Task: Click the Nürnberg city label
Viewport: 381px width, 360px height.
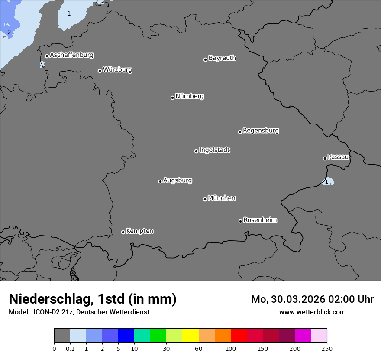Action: (x=189, y=96)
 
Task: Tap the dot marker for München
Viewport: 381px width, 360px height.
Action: (x=205, y=199)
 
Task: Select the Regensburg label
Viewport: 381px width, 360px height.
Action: (x=261, y=131)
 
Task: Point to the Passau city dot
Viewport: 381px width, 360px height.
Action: (x=325, y=158)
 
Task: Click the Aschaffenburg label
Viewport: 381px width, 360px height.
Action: (x=71, y=55)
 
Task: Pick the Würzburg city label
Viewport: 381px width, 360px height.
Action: (x=117, y=70)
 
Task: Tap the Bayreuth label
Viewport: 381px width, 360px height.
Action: (x=222, y=58)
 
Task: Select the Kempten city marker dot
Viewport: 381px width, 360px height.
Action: (x=123, y=232)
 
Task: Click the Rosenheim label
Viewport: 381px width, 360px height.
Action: (x=260, y=220)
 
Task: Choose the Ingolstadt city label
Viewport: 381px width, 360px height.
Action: (x=214, y=150)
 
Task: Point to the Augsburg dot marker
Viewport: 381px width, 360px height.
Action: (x=160, y=181)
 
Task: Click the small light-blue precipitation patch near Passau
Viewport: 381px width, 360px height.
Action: (x=329, y=182)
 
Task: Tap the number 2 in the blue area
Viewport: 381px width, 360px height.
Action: (x=9, y=32)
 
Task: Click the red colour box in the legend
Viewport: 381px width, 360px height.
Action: (x=239, y=336)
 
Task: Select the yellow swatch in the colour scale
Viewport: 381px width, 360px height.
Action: (x=190, y=336)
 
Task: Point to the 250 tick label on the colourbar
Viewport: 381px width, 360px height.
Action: (x=326, y=348)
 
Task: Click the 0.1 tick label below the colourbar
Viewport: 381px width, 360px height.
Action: (x=70, y=348)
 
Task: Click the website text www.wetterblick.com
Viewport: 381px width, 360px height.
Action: (x=312, y=312)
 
